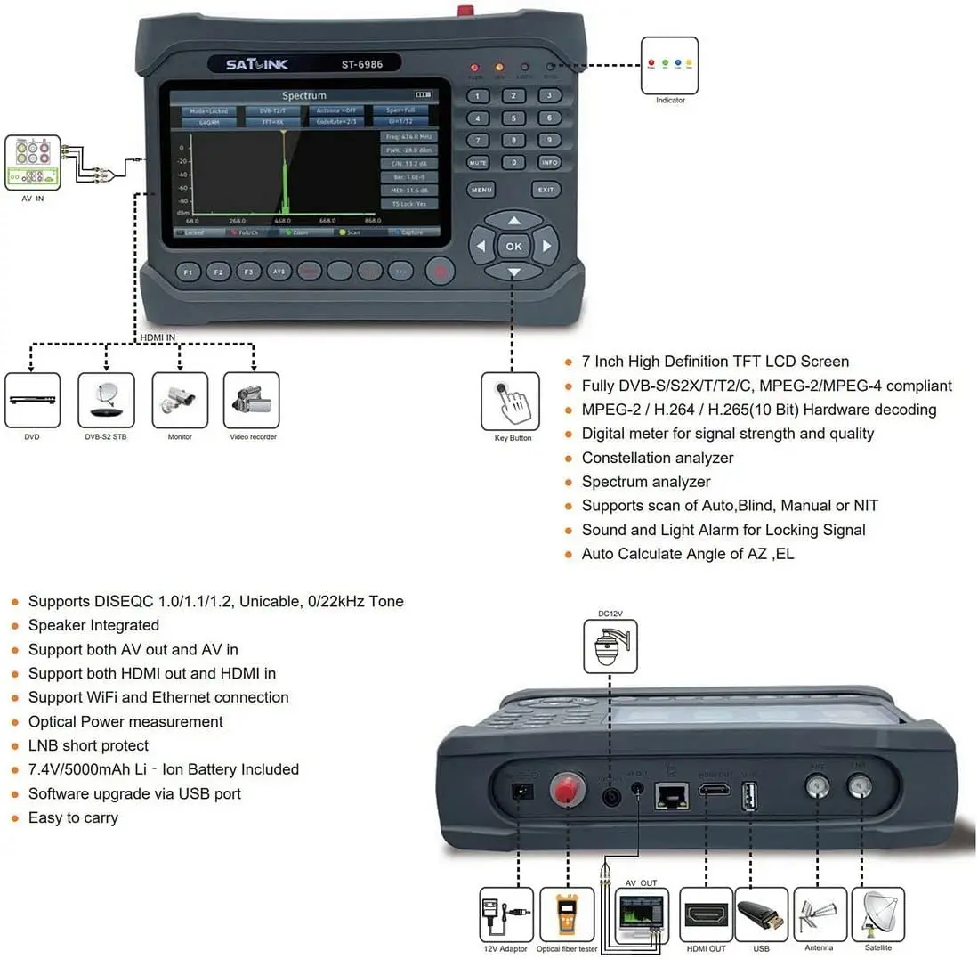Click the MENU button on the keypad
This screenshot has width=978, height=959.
point(481,190)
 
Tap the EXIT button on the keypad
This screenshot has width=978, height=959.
point(546,190)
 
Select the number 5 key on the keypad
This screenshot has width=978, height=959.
point(513,118)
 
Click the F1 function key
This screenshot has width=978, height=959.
point(188,272)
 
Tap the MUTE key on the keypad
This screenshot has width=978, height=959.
point(479,163)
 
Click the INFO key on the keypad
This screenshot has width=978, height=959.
point(549,163)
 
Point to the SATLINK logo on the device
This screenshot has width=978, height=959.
point(256,64)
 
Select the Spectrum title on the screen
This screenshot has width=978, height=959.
point(304,95)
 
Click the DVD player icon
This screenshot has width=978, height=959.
point(33,400)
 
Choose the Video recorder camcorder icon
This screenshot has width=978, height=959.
point(252,400)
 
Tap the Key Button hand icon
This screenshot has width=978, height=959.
point(510,401)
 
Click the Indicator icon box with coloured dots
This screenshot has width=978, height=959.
point(670,65)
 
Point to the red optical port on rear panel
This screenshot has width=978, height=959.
point(562,790)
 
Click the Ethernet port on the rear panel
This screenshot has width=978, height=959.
point(671,795)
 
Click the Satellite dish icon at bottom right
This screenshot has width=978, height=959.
point(877,914)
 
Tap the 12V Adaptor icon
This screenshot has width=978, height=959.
point(506,914)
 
